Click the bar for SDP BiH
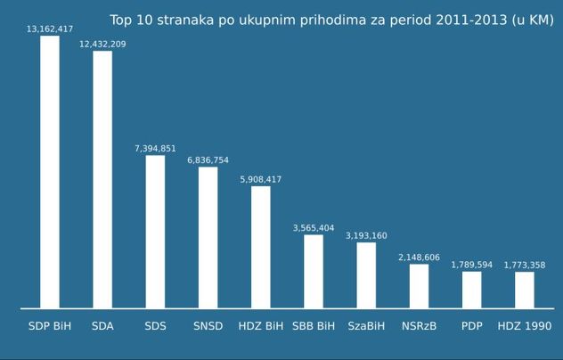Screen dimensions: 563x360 50,172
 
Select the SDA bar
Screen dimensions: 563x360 102,179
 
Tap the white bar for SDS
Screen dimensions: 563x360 155,232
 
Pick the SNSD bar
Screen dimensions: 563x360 208,238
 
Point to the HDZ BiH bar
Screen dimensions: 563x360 261,247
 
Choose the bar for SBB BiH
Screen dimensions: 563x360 314,271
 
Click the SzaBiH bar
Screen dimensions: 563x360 366,275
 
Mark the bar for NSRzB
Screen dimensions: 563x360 419,286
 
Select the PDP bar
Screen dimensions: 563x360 472,290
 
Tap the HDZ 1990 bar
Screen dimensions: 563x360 525,290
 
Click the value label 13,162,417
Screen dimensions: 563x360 50,29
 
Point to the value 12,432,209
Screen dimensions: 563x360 102,45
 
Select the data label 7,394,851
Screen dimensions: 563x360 155,149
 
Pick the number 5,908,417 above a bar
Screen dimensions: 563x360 261,179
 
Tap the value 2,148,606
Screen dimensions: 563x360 419,258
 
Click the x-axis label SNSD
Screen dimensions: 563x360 208,326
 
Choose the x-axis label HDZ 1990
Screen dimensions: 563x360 525,326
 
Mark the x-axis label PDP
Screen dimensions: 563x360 472,326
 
